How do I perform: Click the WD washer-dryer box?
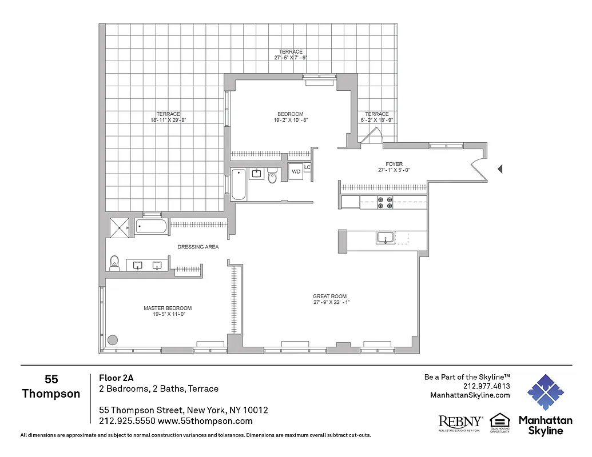tap(296, 171)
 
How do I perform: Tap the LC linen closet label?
tap(307, 167)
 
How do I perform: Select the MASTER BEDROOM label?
tap(168, 308)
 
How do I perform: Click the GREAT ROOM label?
tap(329, 296)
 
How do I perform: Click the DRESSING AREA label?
tap(198, 247)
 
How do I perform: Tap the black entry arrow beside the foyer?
tap(500, 169)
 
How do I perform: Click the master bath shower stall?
tap(120, 227)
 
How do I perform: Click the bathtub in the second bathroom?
tap(239, 184)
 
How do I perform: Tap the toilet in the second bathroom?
tap(272, 178)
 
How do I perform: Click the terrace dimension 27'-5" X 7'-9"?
tap(291, 58)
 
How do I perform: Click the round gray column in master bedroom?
tap(113, 339)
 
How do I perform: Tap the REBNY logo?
tap(460, 421)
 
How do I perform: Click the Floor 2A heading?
tap(116, 378)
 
